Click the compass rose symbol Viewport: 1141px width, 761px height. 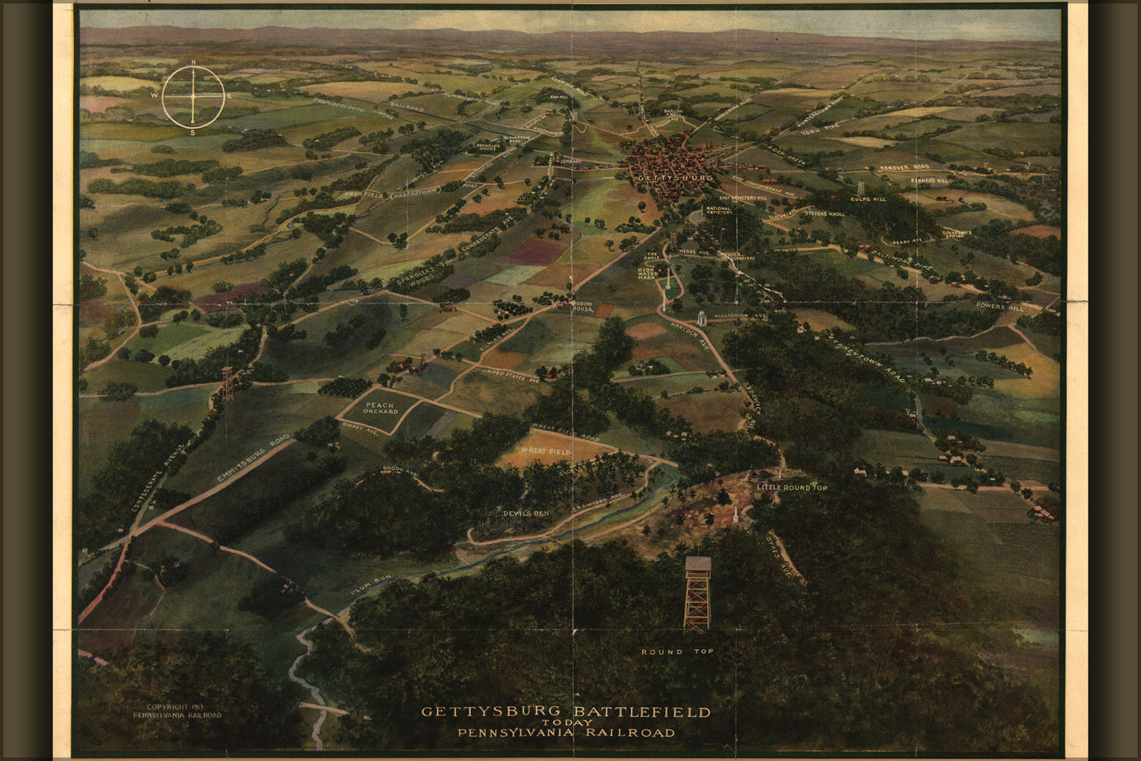[193, 97]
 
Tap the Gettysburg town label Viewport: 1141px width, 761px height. [665, 177]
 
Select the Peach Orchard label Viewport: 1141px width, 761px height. [381, 408]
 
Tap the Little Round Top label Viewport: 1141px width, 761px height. [792, 487]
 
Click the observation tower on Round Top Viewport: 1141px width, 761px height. [697, 593]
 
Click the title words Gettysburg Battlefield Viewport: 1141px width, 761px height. [566, 712]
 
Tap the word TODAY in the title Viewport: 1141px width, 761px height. [566, 723]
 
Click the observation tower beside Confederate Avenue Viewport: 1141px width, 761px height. [227, 384]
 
